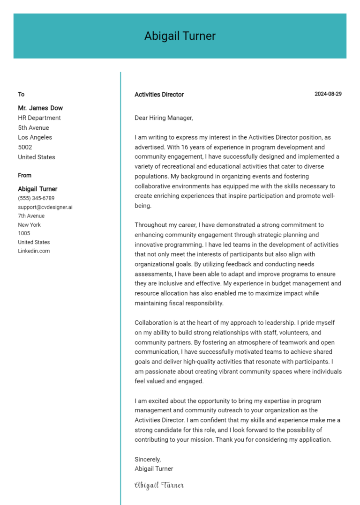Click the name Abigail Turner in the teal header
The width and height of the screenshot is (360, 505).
[180, 36]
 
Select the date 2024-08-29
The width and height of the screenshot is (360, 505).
[328, 94]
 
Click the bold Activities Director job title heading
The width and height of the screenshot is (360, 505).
[159, 95]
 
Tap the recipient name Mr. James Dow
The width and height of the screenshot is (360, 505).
[40, 108]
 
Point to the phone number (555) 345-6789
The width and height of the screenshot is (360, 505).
[36, 198]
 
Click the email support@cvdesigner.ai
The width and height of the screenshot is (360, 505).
[45, 207]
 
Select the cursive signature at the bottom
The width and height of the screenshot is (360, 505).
[159, 485]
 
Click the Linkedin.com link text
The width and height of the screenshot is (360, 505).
[34, 251]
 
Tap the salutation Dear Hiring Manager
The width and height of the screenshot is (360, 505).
[164, 118]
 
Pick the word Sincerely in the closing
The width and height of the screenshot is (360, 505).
[148, 459]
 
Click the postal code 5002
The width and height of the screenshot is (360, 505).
[25, 147]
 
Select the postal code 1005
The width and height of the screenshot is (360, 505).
[24, 233]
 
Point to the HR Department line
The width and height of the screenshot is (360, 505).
[39, 118]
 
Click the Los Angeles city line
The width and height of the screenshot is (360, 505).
[35, 137]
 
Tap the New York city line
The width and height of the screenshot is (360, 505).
[29, 225]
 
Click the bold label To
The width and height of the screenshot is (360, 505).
[21, 95]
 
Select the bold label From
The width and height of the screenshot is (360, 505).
[25, 176]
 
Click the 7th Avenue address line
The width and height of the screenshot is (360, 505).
[31, 216]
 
